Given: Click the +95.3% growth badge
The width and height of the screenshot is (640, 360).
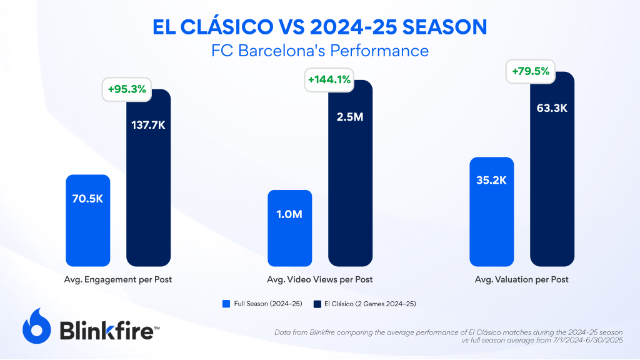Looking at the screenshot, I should click(x=127, y=89).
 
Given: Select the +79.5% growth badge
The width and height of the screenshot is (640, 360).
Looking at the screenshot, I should click(x=531, y=71).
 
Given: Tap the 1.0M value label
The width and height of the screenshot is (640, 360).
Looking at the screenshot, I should click(x=289, y=214).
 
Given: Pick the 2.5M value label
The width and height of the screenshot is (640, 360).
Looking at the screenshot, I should click(x=350, y=116).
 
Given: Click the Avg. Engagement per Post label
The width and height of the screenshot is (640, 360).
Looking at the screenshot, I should click(x=118, y=279).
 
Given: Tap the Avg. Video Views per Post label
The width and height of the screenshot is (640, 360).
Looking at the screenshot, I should click(x=319, y=279).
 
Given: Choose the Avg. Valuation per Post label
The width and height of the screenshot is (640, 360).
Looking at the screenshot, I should click(x=521, y=279).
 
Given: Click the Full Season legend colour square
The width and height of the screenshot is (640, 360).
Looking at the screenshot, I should click(x=226, y=304).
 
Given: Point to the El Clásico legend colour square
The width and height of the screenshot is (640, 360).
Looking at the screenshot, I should click(x=317, y=304).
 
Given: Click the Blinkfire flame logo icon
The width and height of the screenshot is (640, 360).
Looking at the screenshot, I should click(x=37, y=326).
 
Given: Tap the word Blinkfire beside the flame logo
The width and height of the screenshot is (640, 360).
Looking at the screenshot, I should click(x=106, y=329).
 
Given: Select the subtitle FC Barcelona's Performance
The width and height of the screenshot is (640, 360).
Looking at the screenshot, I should click(x=320, y=50).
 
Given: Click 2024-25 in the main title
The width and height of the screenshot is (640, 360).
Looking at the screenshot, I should click(x=357, y=27).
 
